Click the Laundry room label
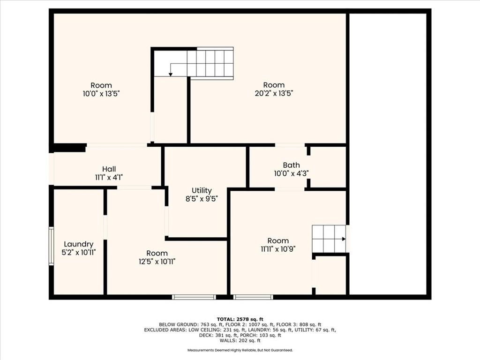(78, 244)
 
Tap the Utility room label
(202, 191)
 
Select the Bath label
(291, 165)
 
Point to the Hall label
(109, 169)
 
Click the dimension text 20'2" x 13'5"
(274, 93)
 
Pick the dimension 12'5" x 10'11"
(157, 262)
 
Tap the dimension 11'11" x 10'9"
(278, 249)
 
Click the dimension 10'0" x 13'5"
(101, 93)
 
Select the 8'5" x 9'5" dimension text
(202, 199)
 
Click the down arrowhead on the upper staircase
(171, 74)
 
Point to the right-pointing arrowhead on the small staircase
(344, 239)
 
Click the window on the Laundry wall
(51, 246)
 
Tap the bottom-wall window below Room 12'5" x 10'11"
(194, 297)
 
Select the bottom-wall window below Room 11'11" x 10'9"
(253, 297)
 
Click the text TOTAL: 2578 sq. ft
(240, 319)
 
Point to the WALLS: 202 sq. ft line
(240, 340)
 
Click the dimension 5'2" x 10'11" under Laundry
(79, 253)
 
